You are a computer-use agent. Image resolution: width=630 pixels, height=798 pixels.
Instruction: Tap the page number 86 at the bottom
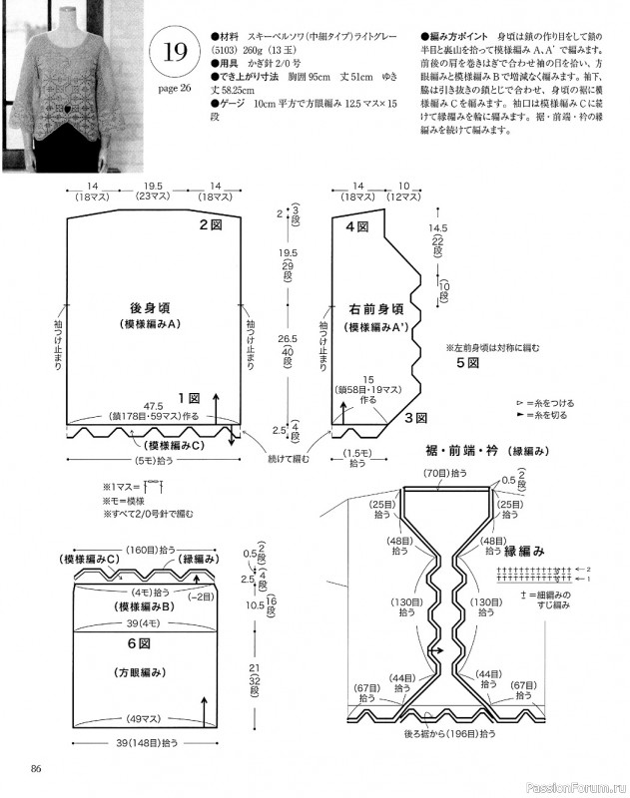point(36,767)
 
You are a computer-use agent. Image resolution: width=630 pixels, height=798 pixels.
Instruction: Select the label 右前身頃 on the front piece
point(376,309)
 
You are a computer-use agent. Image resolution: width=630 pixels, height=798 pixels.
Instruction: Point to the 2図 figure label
point(210,225)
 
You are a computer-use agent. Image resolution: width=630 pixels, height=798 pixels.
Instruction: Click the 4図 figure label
point(356,227)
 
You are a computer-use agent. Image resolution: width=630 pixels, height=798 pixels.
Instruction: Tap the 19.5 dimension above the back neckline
point(154,187)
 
